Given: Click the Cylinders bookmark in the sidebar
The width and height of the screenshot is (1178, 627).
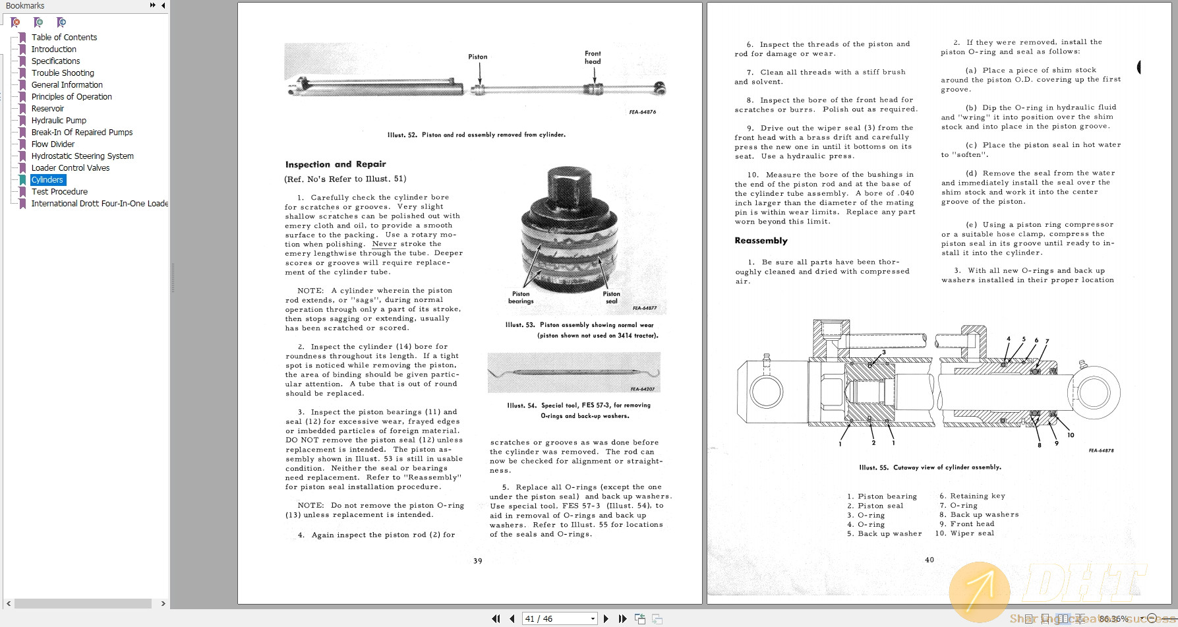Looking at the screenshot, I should point(47,180).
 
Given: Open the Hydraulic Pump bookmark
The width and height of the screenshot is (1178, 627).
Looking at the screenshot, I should point(59,121).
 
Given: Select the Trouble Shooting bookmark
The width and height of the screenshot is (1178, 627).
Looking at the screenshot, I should point(63,73).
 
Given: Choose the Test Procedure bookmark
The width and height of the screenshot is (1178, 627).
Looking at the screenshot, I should point(59,192).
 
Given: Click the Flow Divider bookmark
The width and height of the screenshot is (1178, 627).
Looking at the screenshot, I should point(53,144).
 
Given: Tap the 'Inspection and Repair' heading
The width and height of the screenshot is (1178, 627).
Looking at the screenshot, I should point(336,164).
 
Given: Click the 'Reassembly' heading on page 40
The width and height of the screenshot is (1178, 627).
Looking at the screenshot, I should point(761,241).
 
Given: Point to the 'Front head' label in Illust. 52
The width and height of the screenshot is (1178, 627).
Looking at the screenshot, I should point(593,58).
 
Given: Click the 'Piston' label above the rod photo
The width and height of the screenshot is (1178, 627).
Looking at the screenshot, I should point(478,57).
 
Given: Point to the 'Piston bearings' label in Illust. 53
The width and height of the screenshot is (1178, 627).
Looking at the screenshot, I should point(521,298).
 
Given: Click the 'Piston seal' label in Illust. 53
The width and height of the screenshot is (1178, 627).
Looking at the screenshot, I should point(611,298).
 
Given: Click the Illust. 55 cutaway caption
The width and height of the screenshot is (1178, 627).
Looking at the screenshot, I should point(930,467).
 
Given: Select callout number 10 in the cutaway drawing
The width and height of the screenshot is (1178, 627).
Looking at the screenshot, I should point(1071,435).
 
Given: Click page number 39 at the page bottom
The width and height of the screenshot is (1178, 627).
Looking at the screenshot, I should point(478,561).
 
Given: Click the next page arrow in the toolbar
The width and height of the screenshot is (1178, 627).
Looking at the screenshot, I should point(606,619).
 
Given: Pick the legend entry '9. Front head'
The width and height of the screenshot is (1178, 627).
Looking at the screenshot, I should point(967,524).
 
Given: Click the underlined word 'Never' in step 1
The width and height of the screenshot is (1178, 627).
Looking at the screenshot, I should point(384,244).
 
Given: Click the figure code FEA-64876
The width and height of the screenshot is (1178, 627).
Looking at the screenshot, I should point(642,112).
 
